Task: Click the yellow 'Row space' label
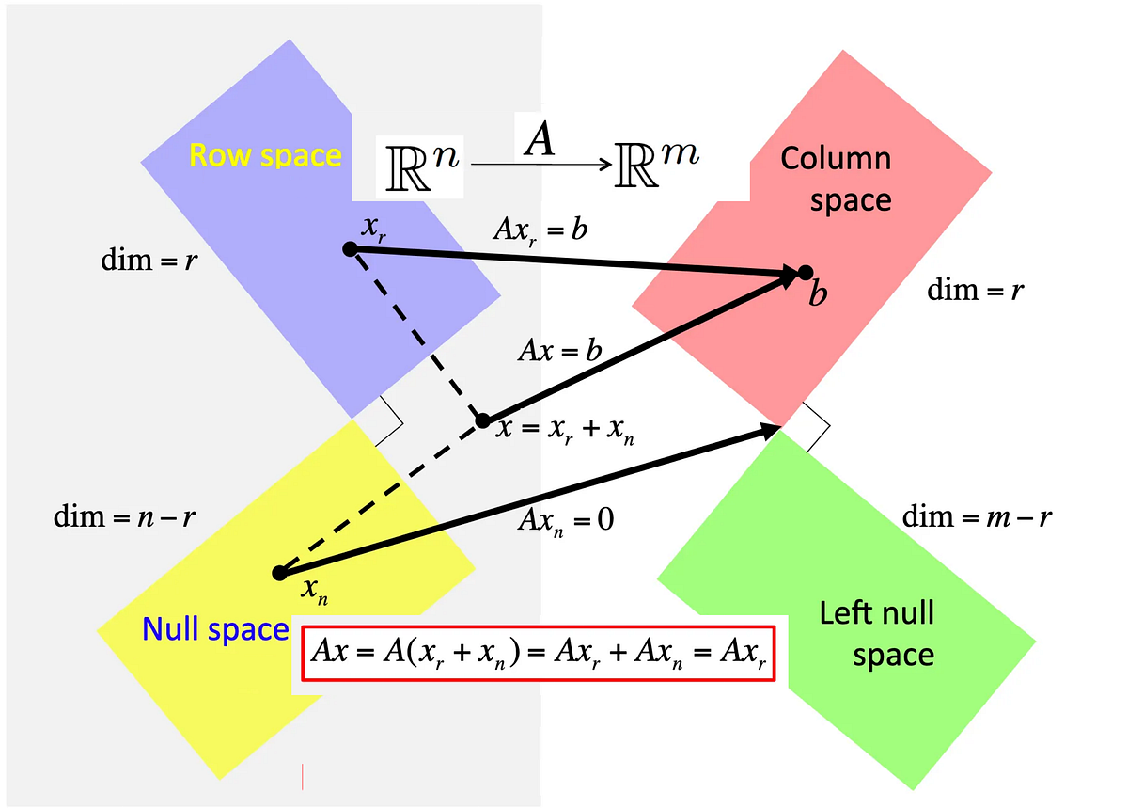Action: (x=265, y=155)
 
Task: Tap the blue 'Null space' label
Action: (x=214, y=629)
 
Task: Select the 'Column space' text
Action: (x=836, y=179)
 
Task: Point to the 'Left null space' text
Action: (x=877, y=634)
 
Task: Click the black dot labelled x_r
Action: (x=349, y=248)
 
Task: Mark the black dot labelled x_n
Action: (x=278, y=573)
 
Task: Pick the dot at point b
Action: (x=806, y=273)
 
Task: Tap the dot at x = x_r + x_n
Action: (x=482, y=420)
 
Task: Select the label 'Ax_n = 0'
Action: (x=566, y=520)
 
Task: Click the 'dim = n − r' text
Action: (x=124, y=516)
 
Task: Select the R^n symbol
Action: (x=418, y=165)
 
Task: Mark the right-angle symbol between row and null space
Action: (x=387, y=420)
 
